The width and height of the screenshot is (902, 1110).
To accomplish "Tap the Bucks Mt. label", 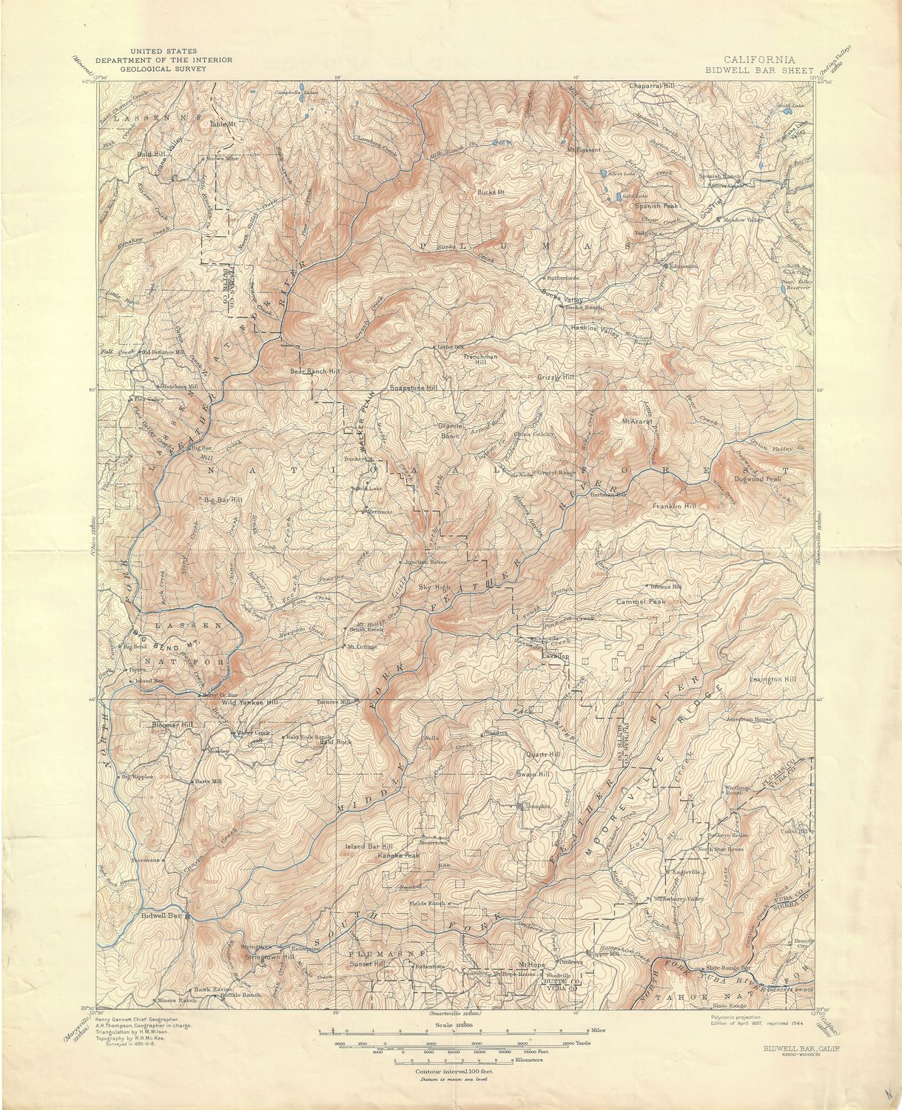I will pos(491,192).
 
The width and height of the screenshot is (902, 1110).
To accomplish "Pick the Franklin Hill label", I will pos(674,506).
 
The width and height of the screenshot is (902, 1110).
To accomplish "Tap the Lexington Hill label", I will pos(773,679).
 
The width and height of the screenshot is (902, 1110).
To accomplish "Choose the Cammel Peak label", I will pos(641,602).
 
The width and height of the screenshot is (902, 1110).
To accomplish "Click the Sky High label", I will pos(434,587).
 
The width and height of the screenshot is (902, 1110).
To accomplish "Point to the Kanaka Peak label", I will pos(399,855).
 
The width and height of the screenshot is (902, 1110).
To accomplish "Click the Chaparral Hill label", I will pos(652,86).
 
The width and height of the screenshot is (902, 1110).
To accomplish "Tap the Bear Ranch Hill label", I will pos(314,371).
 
